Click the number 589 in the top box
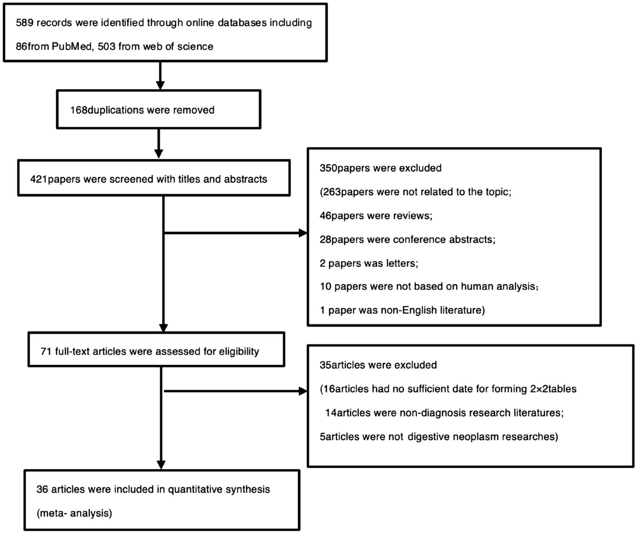[x=24, y=23]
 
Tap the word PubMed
[x=71, y=46]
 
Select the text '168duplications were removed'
[x=142, y=110]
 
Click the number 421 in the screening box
[x=39, y=179]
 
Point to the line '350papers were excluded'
[x=380, y=168]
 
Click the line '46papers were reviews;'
[x=376, y=216]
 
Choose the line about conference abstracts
[x=407, y=239]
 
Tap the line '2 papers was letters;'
[x=369, y=263]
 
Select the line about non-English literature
[x=402, y=310]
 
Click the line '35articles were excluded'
[x=378, y=365]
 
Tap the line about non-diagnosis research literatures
[x=444, y=412]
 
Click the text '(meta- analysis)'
[x=74, y=513]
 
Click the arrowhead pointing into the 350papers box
[x=303, y=233]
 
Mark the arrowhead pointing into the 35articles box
[x=303, y=391]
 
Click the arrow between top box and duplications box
[x=160, y=76]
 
